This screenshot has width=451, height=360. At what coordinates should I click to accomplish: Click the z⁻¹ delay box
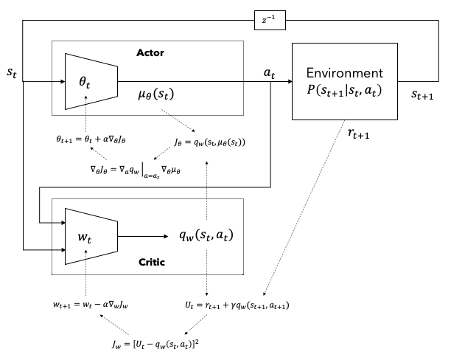point(270,20)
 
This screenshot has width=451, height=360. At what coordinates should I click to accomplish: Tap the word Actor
point(150,52)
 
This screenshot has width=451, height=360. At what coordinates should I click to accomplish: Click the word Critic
point(152,262)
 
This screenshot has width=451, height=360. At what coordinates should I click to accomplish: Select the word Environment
point(345,73)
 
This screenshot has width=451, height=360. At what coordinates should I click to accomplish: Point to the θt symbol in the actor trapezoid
point(85,83)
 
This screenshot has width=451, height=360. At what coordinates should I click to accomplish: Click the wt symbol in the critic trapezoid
point(85,238)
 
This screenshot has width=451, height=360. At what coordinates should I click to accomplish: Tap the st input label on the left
point(12,72)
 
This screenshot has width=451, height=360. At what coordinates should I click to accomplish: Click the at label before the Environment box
point(270,73)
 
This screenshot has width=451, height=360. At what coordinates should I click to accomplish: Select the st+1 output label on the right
point(422,94)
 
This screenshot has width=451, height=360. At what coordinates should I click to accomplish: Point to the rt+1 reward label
point(358,134)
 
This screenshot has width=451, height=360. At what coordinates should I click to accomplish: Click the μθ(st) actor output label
point(156,94)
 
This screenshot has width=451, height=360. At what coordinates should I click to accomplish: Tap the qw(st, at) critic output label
point(206,235)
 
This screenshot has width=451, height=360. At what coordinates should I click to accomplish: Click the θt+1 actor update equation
point(91,139)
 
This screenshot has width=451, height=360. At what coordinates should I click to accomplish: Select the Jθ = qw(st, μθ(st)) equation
point(210,142)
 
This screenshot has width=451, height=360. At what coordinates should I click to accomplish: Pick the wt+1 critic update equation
point(91,305)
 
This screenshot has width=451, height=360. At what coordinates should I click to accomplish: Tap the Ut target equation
point(237,305)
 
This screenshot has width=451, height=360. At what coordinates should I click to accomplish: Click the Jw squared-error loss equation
point(155,345)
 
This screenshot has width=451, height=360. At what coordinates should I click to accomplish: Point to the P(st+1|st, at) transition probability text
point(344,90)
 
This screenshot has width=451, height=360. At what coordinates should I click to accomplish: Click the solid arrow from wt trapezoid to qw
point(143,237)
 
